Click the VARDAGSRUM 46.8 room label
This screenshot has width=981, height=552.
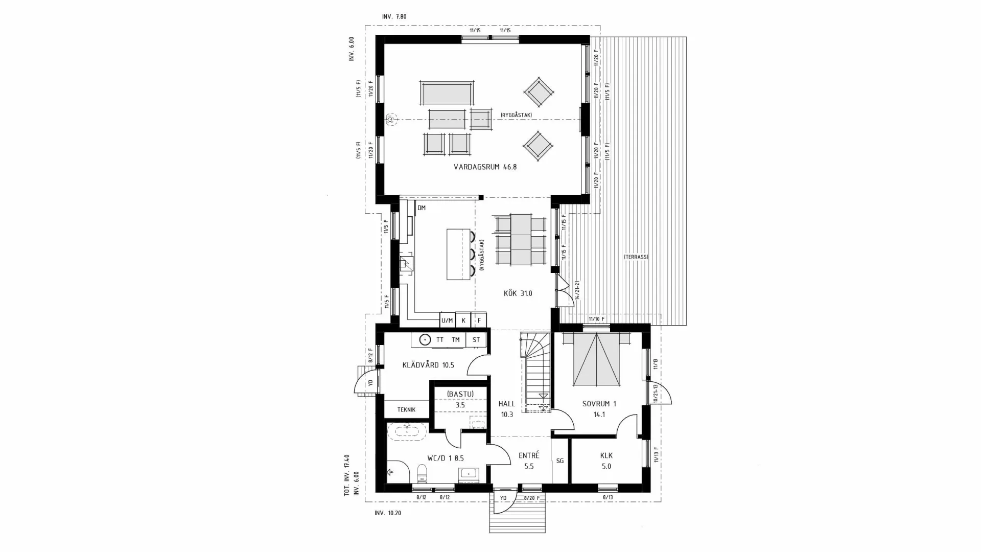pyautogui.click(x=485, y=167)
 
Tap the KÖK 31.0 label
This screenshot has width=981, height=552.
pyautogui.click(x=518, y=293)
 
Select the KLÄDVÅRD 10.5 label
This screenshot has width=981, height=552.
pyautogui.click(x=428, y=365)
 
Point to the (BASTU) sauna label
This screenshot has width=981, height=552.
pyautogui.click(x=460, y=394)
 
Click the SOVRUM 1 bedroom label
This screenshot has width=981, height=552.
pyautogui.click(x=599, y=404)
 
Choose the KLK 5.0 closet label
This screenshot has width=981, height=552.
pyautogui.click(x=606, y=461)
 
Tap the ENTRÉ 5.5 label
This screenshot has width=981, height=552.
pyautogui.click(x=528, y=461)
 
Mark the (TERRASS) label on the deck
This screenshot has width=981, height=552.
pyautogui.click(x=636, y=257)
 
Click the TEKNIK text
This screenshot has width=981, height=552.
pyautogui.click(x=406, y=409)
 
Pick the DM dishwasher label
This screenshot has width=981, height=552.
pyautogui.click(x=422, y=208)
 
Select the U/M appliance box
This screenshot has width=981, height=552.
pyautogui.click(x=447, y=320)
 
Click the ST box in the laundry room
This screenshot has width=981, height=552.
pyautogui.click(x=476, y=339)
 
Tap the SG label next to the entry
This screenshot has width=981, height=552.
pyautogui.click(x=560, y=461)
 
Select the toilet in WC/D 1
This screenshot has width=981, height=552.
pyautogui.click(x=422, y=473)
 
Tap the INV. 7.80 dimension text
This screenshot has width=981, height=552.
pyautogui.click(x=394, y=17)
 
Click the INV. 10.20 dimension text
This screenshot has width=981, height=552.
pyautogui.click(x=388, y=513)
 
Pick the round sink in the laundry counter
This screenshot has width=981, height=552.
pyautogui.click(x=425, y=339)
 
